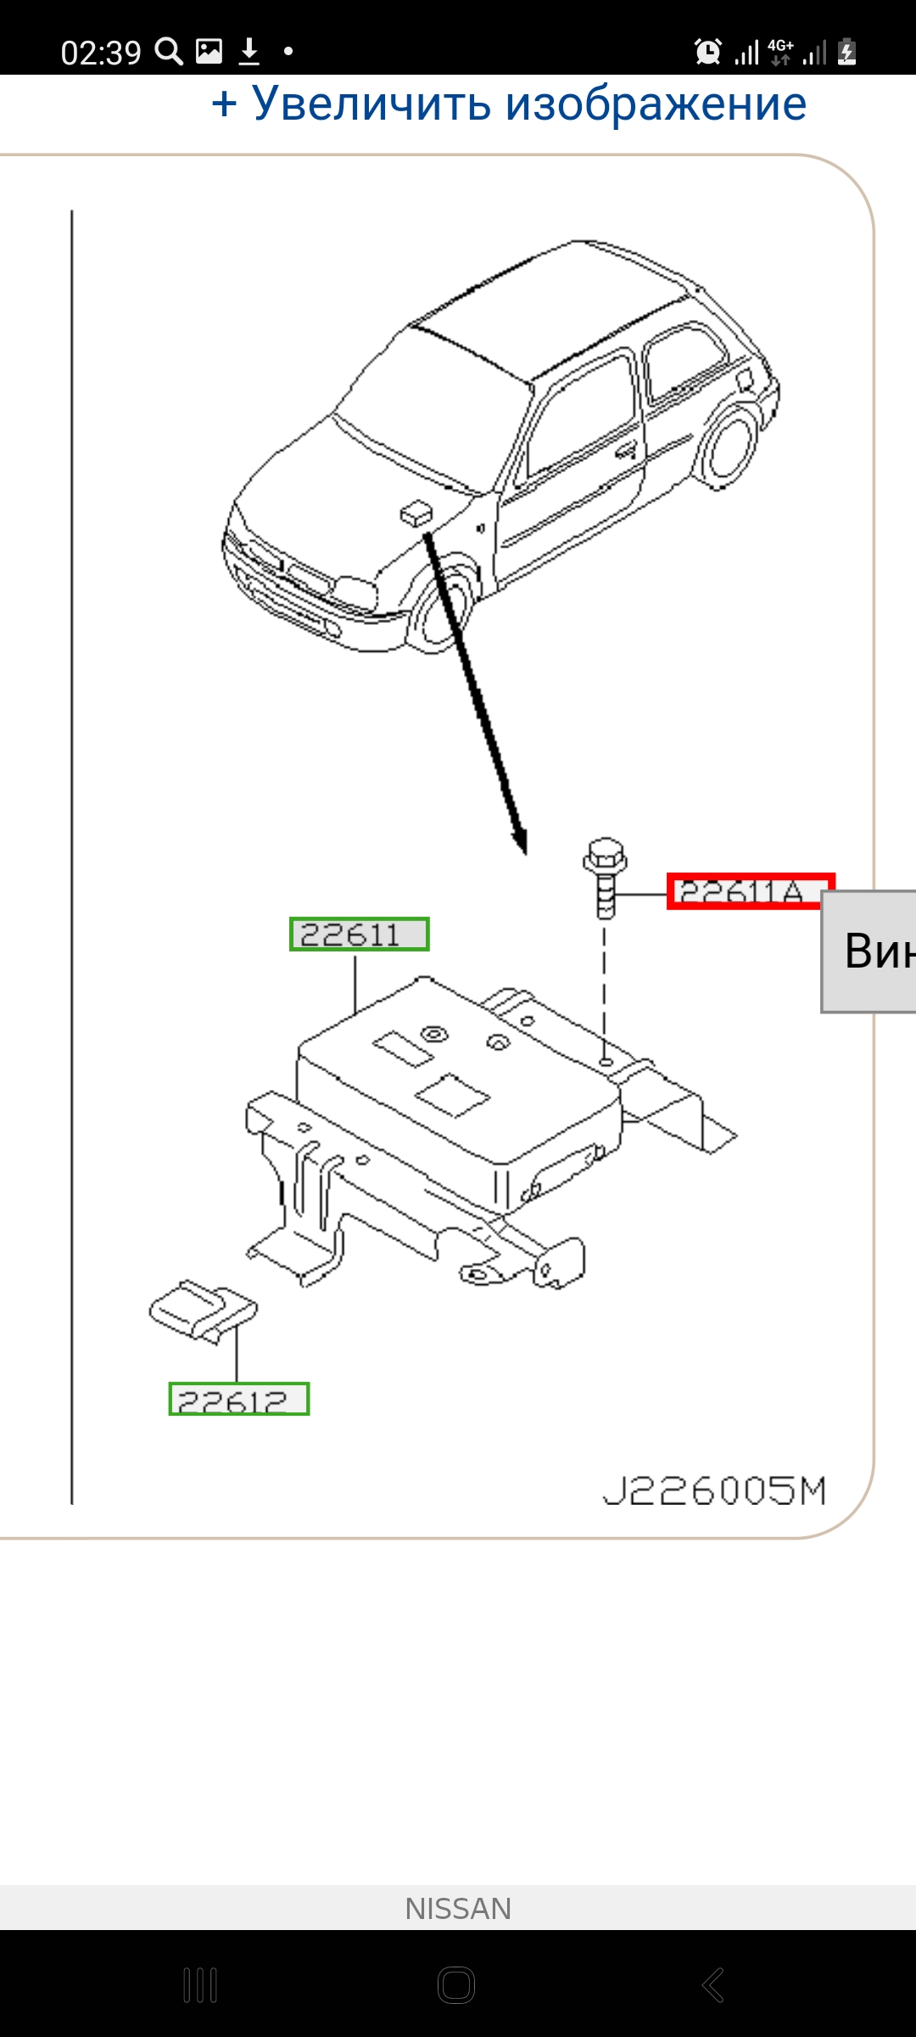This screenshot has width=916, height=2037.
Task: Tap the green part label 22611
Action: tap(359, 934)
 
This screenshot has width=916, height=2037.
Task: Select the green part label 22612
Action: tap(239, 1400)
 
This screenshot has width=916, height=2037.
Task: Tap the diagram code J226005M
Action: tap(714, 1490)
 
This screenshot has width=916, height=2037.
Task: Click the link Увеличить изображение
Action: tap(509, 104)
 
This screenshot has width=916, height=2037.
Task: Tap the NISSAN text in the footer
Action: tap(458, 1909)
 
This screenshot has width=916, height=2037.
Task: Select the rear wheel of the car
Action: tap(731, 447)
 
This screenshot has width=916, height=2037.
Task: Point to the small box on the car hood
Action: tap(415, 513)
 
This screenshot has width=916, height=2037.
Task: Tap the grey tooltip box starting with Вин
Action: tap(870, 951)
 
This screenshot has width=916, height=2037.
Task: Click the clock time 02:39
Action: tap(101, 53)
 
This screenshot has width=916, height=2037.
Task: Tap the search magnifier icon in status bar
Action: tap(169, 52)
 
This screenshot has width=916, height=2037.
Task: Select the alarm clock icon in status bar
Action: tap(707, 52)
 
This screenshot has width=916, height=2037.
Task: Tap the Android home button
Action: tap(456, 1984)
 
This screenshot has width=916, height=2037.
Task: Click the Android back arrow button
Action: tap(713, 1984)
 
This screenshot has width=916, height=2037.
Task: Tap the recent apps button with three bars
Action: tap(200, 1984)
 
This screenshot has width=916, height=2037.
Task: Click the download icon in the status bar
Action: tap(249, 52)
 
